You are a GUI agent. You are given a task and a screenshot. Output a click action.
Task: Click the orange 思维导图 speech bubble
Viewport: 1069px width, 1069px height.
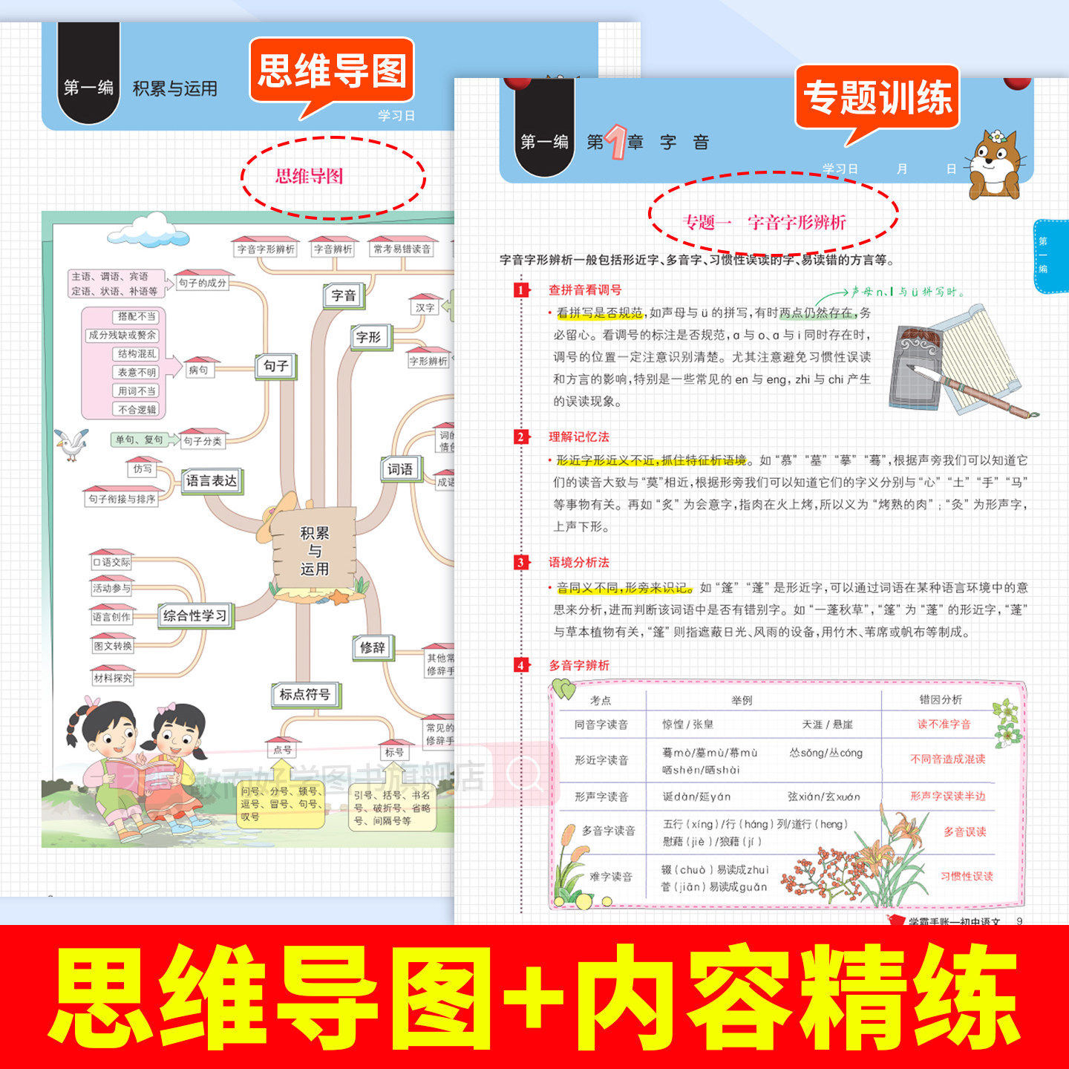pos(332,71)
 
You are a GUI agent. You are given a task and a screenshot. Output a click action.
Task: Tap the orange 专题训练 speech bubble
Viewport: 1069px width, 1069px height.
pos(877,98)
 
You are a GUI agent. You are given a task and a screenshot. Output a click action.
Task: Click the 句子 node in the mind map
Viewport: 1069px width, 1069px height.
pos(275,366)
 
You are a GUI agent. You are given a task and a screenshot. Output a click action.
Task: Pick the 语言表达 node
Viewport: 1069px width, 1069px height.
pos(212,481)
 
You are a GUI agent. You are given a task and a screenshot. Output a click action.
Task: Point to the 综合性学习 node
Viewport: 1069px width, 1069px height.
pos(194,615)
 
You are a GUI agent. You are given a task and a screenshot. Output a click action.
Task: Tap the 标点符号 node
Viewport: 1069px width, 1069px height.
pos(304,695)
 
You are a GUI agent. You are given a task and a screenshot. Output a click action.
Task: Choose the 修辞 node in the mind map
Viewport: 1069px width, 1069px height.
pos(373,647)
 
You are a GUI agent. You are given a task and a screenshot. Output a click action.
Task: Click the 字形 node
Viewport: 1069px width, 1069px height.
pos(368,337)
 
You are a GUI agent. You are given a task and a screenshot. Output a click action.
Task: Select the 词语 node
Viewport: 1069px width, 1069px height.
pos(400,469)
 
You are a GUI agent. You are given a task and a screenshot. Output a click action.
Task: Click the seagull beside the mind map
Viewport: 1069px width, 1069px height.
pos(72,443)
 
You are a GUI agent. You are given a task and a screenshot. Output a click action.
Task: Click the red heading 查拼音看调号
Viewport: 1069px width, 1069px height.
pos(585,290)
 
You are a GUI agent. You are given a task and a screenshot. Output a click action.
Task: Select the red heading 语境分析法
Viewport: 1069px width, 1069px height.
pos(579,563)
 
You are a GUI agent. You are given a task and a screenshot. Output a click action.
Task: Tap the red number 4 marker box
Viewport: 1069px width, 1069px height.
pos(521,665)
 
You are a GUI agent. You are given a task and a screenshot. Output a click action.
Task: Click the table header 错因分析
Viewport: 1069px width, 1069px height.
pos(941,699)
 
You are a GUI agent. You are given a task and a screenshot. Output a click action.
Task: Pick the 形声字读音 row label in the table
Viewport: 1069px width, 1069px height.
pos(601,797)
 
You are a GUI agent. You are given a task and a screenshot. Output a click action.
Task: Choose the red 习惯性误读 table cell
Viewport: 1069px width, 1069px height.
pos(967,876)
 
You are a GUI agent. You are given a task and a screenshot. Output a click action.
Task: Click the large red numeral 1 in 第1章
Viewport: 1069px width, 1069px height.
pos(616,142)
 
